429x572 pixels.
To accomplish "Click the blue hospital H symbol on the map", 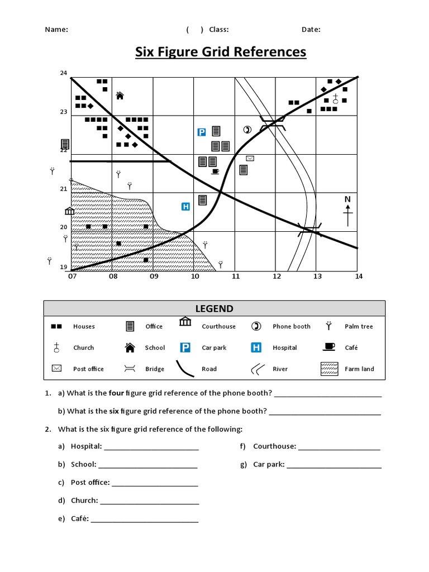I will point(186,207).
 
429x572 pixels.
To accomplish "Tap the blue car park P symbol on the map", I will point(202,132).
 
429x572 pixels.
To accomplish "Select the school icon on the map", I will point(120,96).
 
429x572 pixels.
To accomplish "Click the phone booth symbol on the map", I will point(247,130).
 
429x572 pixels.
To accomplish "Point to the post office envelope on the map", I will point(250,159).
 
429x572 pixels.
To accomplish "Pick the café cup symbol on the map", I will point(215,171).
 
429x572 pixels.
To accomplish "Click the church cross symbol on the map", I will point(335,99).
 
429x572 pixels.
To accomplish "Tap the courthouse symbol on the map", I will point(69,211).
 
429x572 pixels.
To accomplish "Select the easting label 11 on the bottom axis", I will point(236,276).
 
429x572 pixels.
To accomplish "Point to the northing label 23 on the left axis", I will point(63,112).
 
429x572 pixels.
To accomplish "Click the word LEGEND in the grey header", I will point(214,309).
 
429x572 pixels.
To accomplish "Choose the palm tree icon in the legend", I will point(329,326).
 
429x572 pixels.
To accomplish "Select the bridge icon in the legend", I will point(130,369).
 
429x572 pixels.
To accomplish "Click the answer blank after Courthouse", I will point(339,446).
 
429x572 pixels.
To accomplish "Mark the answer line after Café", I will point(144,519).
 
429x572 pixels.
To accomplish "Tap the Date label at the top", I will point(311,30).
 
